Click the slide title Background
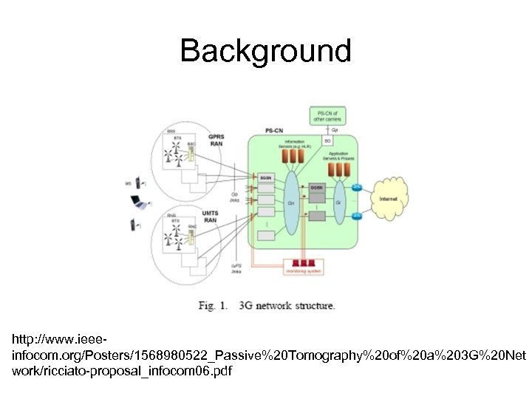(266, 51)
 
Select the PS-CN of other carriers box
(327, 116)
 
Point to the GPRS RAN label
(216, 140)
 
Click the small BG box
(327, 139)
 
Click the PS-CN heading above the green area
(274, 131)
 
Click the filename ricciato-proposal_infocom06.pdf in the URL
(122, 371)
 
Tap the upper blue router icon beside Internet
(357, 186)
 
